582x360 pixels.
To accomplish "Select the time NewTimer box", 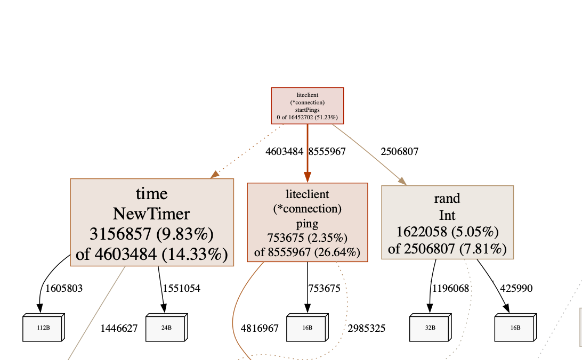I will tap(152, 222).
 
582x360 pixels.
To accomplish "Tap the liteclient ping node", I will tap(308, 223).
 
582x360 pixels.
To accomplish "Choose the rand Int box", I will tap(447, 223).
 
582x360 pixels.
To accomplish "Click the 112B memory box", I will tap(43, 328).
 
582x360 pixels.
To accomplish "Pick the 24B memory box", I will tap(166, 328).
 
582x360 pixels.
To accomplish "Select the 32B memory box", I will tap(430, 328).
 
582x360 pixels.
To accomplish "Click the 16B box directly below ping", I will tap(307, 328).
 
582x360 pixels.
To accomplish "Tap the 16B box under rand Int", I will tap(515, 328).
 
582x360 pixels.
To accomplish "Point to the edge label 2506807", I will tap(399, 152).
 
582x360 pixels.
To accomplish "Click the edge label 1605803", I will tap(64, 289).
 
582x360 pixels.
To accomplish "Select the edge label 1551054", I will tap(182, 289).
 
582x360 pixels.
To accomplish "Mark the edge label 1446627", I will tap(119, 328).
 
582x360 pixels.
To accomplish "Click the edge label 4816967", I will tap(260, 328).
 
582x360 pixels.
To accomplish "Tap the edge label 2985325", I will tap(366, 328).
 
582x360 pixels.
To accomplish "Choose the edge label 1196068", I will tap(451, 289).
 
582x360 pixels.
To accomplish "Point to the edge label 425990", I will tap(516, 289).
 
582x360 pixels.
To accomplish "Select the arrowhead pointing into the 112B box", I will tap(40, 309).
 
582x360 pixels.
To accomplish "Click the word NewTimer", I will tap(151, 214).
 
